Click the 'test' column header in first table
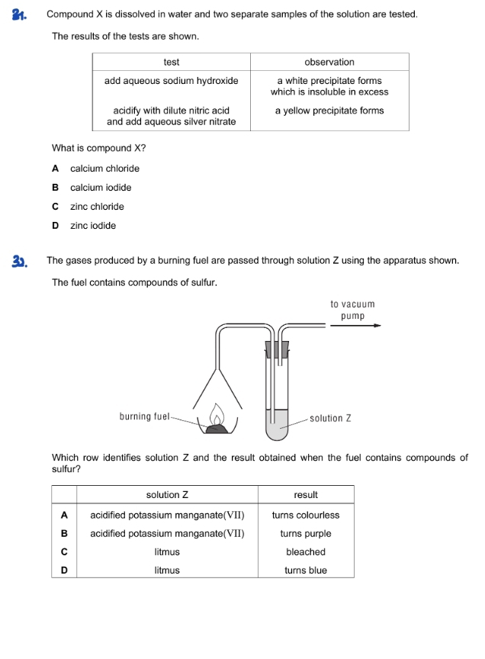click(171, 62)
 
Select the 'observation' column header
click(329, 62)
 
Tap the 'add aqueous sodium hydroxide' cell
click(171, 81)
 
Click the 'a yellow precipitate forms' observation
click(329, 111)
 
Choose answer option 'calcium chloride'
click(104, 169)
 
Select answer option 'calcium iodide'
click(101, 188)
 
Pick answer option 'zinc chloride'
click(97, 207)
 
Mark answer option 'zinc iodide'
click(93, 226)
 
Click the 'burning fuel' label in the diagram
click(144, 416)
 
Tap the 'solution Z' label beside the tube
click(330, 418)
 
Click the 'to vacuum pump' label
click(352, 310)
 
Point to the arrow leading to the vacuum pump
click(355, 326)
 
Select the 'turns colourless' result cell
click(305, 515)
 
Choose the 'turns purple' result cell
click(305, 533)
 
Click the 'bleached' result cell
click(305, 551)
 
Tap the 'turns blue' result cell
click(305, 570)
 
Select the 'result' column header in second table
click(305, 495)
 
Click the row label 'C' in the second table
click(64, 551)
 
